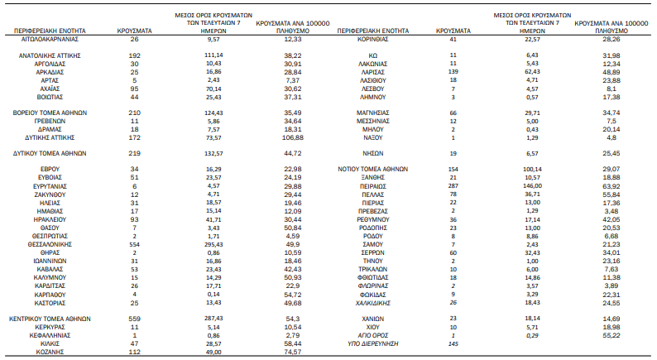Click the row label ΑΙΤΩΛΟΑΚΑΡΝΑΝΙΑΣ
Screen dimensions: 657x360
50,39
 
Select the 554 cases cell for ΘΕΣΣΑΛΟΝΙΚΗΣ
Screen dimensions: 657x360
135,244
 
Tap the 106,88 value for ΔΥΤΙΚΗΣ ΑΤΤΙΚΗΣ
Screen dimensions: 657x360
293,137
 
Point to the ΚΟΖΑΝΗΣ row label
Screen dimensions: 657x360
50,352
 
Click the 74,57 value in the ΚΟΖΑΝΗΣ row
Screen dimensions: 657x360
293,352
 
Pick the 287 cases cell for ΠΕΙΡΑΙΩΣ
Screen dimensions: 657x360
453,185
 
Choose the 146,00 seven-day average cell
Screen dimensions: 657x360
532,185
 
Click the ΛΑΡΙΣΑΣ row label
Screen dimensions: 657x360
373,72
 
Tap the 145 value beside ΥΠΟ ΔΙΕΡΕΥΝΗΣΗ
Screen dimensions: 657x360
453,343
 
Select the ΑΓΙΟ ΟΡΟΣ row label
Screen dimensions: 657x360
373,335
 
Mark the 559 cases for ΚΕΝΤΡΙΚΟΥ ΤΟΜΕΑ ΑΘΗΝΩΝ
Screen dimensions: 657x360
135,319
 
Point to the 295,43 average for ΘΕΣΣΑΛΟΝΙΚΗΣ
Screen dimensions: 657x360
213,244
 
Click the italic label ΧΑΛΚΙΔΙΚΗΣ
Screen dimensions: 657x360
373,303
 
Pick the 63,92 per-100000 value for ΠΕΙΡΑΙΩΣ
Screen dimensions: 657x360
611,185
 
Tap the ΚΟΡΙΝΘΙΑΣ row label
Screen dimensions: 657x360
373,39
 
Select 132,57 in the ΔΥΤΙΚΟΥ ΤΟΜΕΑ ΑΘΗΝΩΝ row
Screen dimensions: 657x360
213,153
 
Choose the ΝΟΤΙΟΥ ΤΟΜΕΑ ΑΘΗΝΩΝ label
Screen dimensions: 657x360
373,169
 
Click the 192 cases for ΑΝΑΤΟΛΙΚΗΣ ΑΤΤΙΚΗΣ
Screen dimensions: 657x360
135,55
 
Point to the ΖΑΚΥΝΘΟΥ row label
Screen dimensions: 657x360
50,194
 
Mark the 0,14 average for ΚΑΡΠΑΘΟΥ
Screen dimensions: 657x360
213,294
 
